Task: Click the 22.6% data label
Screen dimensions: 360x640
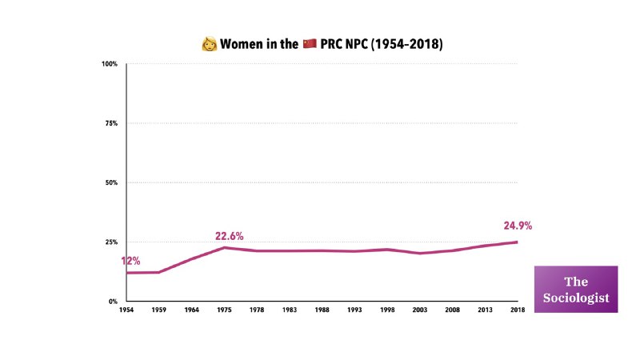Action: click(x=229, y=236)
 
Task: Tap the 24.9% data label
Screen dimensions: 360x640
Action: click(x=518, y=226)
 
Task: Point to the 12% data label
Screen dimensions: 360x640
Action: click(x=131, y=261)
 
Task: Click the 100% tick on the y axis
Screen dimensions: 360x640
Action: click(x=110, y=64)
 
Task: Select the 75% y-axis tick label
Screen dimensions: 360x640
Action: click(x=111, y=123)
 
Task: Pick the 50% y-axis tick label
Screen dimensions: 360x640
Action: click(x=111, y=182)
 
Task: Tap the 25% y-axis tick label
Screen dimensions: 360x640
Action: click(x=111, y=242)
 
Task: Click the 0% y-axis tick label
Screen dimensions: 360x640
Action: click(x=114, y=302)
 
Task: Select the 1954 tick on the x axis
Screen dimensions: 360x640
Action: click(x=126, y=310)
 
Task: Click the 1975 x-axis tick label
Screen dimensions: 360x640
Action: click(x=224, y=310)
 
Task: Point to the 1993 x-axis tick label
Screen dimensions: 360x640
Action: click(x=354, y=310)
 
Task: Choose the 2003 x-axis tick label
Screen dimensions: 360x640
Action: click(x=419, y=310)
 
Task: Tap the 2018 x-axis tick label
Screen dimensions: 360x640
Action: click(x=517, y=310)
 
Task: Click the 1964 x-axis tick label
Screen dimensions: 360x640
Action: click(x=191, y=310)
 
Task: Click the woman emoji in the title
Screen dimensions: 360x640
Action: click(x=210, y=43)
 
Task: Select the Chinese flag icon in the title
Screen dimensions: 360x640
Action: click(x=310, y=43)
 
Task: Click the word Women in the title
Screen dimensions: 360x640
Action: click(x=246, y=43)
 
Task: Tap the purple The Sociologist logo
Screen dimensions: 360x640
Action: click(x=576, y=289)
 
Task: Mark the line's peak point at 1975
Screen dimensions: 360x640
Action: click(x=225, y=247)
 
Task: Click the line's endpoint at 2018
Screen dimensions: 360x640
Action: click(x=517, y=242)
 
